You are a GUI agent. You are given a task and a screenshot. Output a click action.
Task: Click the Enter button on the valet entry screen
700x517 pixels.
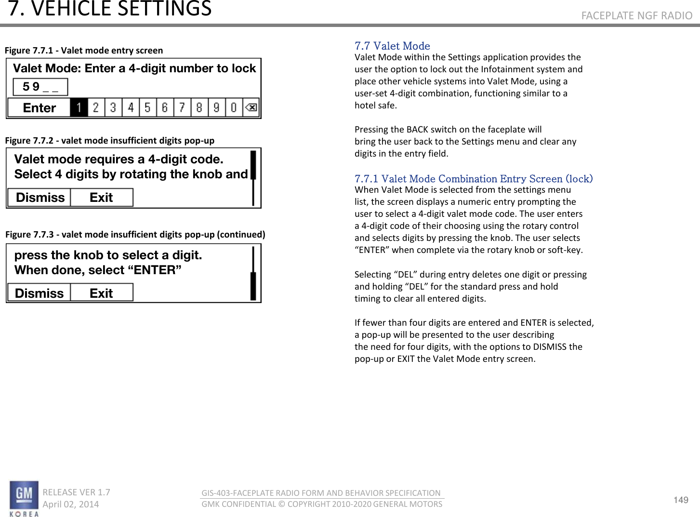pos(40,108)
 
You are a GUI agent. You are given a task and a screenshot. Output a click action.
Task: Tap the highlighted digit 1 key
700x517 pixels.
pos(79,107)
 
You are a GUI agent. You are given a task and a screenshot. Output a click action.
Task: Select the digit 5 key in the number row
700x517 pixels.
pos(147,107)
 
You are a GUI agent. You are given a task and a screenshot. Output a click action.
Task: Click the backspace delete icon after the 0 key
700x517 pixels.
pos(251,107)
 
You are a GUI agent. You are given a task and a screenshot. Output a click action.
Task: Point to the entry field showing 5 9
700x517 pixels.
pos(40,87)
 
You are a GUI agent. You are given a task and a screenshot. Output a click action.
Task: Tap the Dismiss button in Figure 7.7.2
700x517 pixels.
pos(40,198)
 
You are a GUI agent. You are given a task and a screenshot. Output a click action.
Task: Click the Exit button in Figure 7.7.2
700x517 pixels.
pos(101,198)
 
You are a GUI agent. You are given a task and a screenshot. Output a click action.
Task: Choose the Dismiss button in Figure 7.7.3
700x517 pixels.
pos(40,293)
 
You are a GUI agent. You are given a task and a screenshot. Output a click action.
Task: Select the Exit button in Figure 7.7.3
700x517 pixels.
pos(101,293)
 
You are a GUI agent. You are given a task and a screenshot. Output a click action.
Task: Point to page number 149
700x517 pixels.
pos(681,500)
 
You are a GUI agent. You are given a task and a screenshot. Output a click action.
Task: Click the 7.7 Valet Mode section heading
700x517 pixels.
pos(392,46)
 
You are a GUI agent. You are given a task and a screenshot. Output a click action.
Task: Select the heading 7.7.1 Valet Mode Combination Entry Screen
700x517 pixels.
pos(473,179)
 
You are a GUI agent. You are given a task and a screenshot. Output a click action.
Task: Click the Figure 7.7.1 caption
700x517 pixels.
pos(84,51)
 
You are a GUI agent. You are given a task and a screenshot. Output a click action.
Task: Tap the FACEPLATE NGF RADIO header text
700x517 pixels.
pos(636,16)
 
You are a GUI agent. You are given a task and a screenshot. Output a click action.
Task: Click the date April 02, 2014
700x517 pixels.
pos(71,504)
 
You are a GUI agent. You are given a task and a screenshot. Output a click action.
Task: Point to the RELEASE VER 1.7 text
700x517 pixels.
pos(76,492)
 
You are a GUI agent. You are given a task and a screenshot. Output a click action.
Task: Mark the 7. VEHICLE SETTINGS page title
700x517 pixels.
pos(110,9)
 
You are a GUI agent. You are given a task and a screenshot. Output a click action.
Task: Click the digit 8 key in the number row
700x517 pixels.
pos(199,107)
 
